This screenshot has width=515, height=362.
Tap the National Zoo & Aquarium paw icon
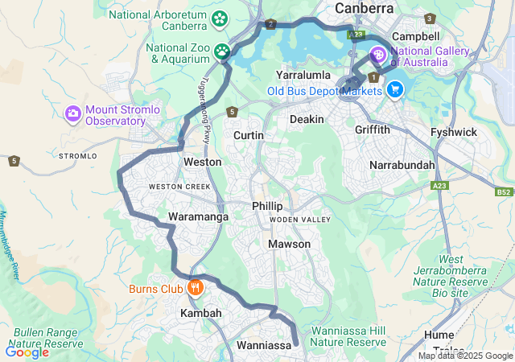tap(222, 52)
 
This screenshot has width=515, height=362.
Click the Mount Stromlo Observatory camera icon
tap(73, 114)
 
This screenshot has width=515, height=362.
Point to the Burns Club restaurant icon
tap(194, 287)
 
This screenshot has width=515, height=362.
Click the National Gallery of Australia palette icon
tap(377, 55)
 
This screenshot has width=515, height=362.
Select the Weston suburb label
tap(202, 162)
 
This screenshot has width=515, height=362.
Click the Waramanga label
tap(198, 216)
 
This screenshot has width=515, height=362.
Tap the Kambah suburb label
tap(200, 312)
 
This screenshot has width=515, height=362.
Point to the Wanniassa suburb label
tap(263, 345)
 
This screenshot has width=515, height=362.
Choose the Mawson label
tap(289, 244)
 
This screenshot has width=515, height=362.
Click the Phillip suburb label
tap(267, 206)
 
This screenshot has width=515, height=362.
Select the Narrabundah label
tap(402, 165)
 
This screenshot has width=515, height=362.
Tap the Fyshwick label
tap(454, 132)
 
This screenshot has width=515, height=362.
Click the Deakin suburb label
tap(307, 119)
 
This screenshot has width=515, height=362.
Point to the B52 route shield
tap(504, 193)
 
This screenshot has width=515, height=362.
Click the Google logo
tap(27, 352)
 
